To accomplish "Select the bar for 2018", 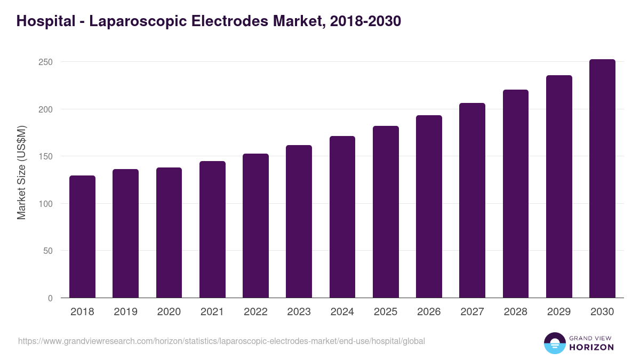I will click(82, 237).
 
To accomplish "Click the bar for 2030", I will click(602, 179).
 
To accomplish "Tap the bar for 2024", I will click(342, 217).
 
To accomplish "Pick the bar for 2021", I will click(212, 229).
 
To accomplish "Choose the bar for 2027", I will click(472, 201).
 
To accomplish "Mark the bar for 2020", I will click(169, 233).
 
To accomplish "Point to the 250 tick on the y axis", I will click(46, 62).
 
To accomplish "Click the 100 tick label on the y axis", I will click(46, 204).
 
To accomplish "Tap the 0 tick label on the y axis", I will click(50, 298).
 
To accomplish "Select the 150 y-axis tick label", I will click(46, 156).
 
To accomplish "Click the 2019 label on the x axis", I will click(125, 312).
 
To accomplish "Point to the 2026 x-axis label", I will click(429, 312).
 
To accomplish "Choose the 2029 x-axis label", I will click(559, 312).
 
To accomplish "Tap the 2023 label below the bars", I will click(299, 312).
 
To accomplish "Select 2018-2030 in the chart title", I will click(365, 21).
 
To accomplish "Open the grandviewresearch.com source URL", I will click(221, 341).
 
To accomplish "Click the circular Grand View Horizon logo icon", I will click(555, 343).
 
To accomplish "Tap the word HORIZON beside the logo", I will click(591, 347).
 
